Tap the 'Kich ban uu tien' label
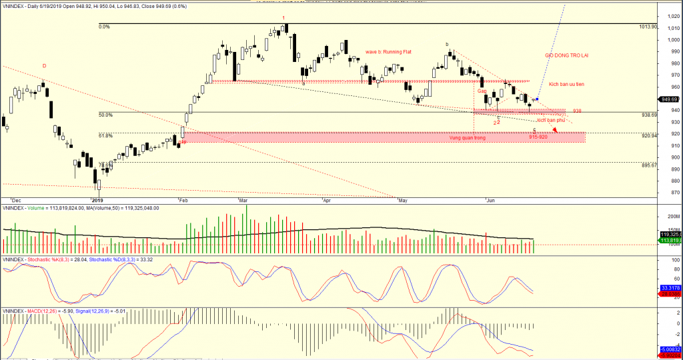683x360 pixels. click(x=567, y=85)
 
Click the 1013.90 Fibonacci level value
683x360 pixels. click(x=648, y=27)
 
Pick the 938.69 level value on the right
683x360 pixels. click(x=650, y=115)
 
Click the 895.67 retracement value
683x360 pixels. click(x=650, y=165)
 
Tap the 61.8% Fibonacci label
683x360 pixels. click(x=105, y=135)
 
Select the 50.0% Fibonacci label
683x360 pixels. click(x=105, y=115)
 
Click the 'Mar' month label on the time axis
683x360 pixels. click(x=243, y=199)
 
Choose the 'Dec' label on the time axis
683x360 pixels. click(x=15, y=199)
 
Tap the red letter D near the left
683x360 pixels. click(x=45, y=66)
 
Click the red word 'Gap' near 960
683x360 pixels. click(x=482, y=90)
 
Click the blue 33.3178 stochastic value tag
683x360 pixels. click(x=670, y=287)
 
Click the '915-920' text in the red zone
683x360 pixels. click(x=539, y=137)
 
